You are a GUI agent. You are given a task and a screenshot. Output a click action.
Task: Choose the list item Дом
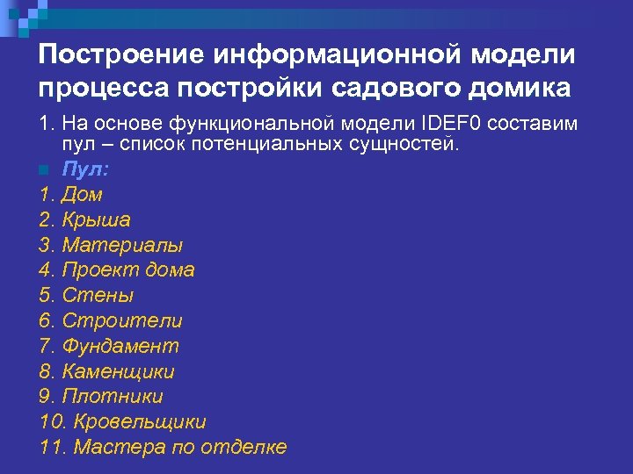[x=82, y=194]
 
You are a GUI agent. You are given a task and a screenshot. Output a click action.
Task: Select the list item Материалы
[x=122, y=245]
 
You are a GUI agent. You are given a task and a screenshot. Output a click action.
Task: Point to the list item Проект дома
[x=127, y=269]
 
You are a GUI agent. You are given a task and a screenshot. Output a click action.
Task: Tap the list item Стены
[x=98, y=295]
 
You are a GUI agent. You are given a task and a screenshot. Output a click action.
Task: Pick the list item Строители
[x=121, y=320]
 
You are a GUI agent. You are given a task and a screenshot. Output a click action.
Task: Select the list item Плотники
[x=112, y=396]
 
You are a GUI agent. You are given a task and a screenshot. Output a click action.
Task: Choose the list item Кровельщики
[x=141, y=421]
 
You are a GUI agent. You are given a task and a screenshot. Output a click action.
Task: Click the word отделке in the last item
[x=244, y=447]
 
